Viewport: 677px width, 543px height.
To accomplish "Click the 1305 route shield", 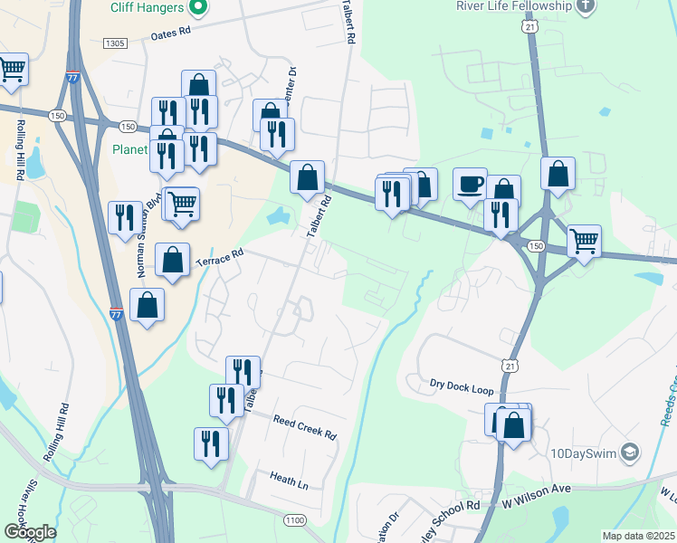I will pos(115,43).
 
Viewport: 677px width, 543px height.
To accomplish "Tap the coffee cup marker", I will pos(470,184).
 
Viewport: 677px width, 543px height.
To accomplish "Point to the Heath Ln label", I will pos(289,480).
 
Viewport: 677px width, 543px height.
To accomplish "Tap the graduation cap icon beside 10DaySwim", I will pos(631,451).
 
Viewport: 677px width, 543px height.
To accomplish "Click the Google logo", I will pos(30,532).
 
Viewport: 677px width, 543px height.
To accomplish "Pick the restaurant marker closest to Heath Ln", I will pos(210,443).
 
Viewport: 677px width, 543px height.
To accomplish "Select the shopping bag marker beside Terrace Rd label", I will pos(172,260).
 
